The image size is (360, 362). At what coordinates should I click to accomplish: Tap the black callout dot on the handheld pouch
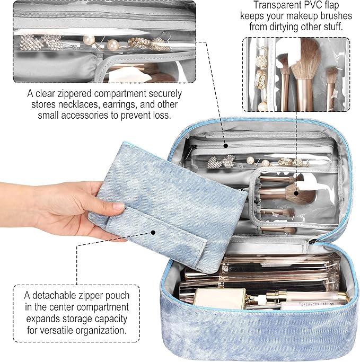coord(153,232)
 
